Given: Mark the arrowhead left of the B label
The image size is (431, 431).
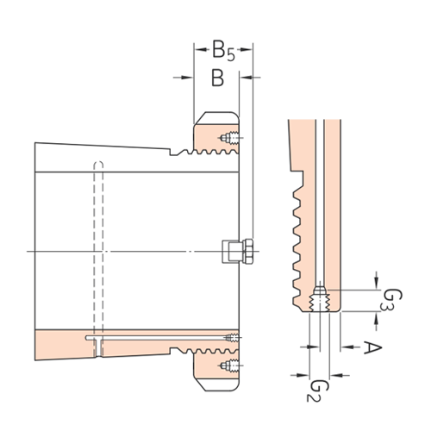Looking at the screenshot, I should pyautogui.click(x=185, y=78).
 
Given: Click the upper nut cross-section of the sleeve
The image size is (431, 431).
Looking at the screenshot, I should pyautogui.click(x=215, y=134).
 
